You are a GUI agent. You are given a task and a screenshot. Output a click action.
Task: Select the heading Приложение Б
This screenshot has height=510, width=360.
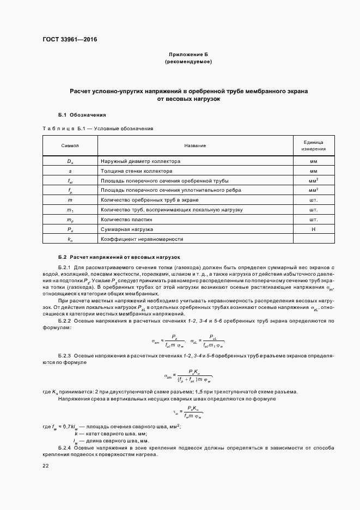188,55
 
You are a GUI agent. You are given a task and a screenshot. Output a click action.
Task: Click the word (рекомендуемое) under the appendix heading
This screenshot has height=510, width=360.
188,62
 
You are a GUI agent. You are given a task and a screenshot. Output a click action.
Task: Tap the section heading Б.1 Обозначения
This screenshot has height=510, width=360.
82,115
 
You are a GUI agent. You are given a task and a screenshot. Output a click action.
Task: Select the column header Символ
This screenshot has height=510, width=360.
70,145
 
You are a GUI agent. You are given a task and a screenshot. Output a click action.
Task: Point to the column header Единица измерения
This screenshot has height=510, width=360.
313,145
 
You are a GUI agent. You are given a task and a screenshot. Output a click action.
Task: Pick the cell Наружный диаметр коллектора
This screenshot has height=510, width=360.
141,161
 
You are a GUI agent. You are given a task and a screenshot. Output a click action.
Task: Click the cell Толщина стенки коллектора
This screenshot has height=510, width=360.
135,171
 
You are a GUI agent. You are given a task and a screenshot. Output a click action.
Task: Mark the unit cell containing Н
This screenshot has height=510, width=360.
313,229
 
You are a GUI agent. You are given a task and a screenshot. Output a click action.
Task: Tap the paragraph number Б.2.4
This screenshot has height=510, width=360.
65,447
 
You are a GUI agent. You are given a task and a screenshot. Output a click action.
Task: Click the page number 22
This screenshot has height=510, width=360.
46,466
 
